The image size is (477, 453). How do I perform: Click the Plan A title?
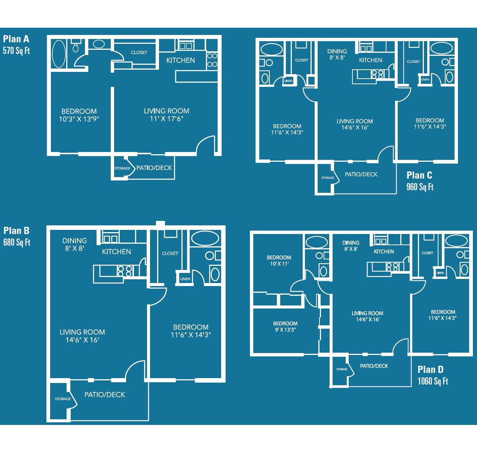point(16,39)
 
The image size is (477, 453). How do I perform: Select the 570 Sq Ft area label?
point(16,51)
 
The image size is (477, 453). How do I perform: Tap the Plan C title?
point(419,175)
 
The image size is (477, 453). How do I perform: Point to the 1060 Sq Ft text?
point(432,381)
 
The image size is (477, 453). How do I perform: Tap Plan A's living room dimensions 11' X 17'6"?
point(166,119)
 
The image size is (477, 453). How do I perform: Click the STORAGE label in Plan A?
point(122,168)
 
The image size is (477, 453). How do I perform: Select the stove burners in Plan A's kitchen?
point(212,60)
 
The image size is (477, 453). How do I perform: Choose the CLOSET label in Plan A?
point(139,52)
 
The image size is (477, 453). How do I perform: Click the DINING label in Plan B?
point(74,240)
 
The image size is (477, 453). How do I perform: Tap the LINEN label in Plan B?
point(185,279)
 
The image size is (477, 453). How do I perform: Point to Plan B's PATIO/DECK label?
point(105,395)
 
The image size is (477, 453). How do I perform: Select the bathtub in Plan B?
point(205,238)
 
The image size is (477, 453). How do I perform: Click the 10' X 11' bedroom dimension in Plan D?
point(279,264)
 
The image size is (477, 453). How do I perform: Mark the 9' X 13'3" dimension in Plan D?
point(285,329)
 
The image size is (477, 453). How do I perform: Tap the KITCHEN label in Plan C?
point(370,60)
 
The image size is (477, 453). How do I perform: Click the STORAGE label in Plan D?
point(342,369)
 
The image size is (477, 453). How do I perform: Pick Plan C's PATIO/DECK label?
point(361,174)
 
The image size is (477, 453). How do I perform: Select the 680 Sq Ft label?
point(17,242)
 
